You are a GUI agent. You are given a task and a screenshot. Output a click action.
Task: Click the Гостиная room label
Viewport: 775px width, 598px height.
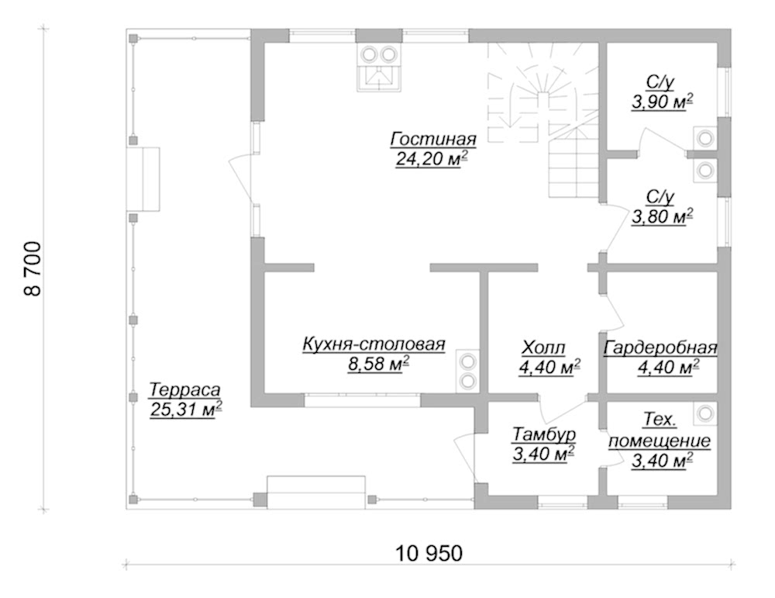(x=433, y=140)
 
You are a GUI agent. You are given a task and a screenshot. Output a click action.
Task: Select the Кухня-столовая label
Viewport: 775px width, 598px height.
(x=374, y=344)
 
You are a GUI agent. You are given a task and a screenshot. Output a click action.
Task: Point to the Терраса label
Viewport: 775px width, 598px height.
(x=184, y=390)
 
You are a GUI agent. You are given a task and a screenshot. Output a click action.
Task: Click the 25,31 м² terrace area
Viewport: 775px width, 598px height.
(x=185, y=410)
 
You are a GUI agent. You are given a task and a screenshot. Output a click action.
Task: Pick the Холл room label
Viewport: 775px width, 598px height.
(x=543, y=348)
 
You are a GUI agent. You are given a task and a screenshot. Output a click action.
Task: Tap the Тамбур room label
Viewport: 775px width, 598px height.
(x=544, y=435)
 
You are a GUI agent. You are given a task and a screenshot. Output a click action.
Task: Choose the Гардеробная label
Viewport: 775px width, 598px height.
(x=660, y=348)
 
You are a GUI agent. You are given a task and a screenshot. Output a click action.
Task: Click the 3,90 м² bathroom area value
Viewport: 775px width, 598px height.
(x=662, y=102)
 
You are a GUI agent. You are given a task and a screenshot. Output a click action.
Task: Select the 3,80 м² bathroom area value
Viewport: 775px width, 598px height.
(x=662, y=216)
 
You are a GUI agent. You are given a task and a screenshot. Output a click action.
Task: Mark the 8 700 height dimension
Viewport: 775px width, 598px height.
(x=33, y=268)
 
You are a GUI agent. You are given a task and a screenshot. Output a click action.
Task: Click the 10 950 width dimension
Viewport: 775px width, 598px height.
(x=429, y=553)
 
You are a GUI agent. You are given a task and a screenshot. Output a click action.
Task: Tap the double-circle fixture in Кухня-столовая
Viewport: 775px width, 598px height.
(x=467, y=372)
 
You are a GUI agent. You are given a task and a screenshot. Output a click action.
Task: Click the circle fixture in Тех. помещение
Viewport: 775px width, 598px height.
(x=705, y=413)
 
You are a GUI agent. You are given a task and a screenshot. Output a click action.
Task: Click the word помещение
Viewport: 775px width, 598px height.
(x=660, y=441)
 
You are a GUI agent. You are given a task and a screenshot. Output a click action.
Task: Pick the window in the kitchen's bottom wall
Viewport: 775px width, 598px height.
(x=362, y=399)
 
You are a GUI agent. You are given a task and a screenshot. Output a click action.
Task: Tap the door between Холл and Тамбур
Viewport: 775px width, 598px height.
(x=562, y=406)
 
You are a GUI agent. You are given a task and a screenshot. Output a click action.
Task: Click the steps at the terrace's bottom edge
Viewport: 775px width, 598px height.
(x=316, y=493)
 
